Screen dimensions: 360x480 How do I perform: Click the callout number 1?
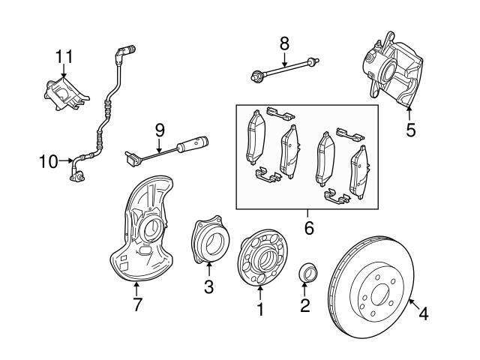pos(260,308)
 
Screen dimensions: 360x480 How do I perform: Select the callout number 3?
pos(209,286)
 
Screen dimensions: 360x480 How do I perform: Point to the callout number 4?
pos(424,315)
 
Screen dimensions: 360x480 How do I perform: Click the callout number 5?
pos(410,129)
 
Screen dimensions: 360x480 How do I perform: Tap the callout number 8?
pos(283,44)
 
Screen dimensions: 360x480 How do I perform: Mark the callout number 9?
pos(159,130)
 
